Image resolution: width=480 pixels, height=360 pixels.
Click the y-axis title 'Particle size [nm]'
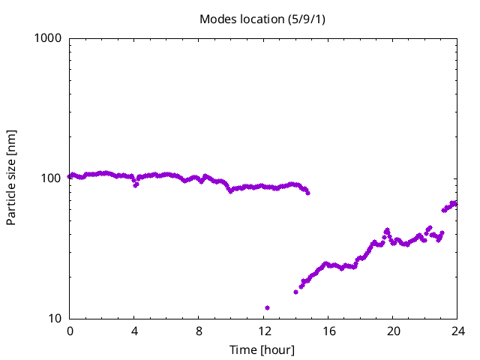(12, 178)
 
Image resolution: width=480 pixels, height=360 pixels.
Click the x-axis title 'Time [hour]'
(262, 349)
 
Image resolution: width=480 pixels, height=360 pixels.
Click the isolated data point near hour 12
(267, 307)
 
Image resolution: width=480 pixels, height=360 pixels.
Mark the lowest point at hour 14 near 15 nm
(295, 292)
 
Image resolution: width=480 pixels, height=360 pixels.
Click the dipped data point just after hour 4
(136, 184)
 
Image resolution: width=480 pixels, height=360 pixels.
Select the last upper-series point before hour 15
(307, 193)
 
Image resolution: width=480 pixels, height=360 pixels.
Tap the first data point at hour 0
(70, 176)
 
